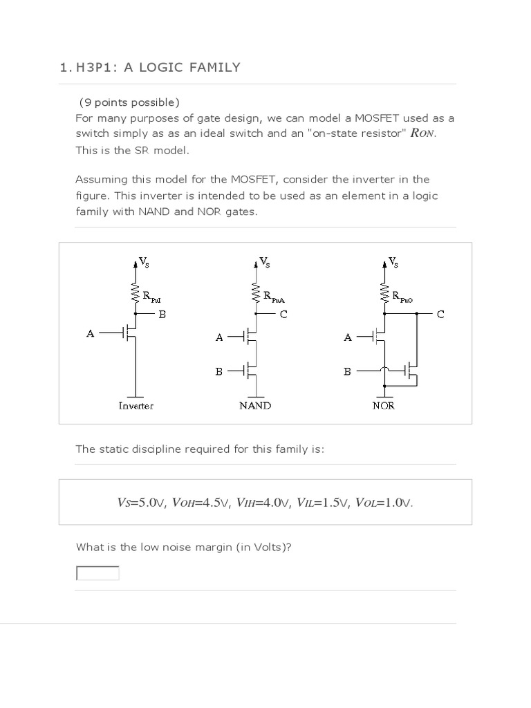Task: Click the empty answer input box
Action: coord(97,573)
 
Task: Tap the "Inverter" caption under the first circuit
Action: coord(136,406)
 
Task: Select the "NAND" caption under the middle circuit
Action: coord(255,406)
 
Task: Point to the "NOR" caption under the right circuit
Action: coord(383,406)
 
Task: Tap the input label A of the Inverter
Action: coord(90,333)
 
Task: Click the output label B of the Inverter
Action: coord(162,314)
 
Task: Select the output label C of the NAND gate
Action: coord(283,314)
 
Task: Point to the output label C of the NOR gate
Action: coord(440,314)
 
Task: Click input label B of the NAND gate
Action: coord(219,371)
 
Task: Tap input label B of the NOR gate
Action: coord(348,371)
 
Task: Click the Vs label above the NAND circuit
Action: coord(264,262)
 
